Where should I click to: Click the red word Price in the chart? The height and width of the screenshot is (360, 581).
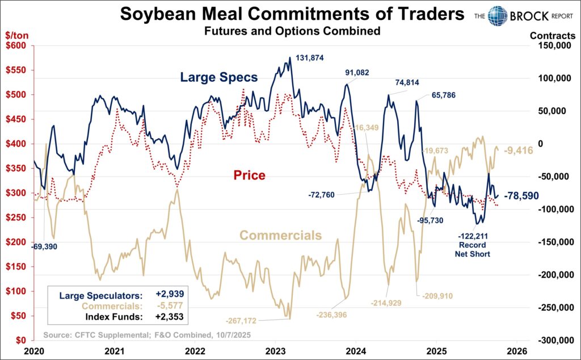click(249, 175)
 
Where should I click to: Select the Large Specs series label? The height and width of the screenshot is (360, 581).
click(219, 77)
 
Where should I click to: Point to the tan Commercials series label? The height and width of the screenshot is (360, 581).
click(280, 235)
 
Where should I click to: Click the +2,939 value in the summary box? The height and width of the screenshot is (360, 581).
click(170, 295)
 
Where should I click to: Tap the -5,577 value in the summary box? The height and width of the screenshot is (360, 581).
click(170, 305)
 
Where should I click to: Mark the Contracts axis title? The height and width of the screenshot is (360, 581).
click(552, 35)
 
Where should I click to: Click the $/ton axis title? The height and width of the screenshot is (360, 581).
click(17, 35)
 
